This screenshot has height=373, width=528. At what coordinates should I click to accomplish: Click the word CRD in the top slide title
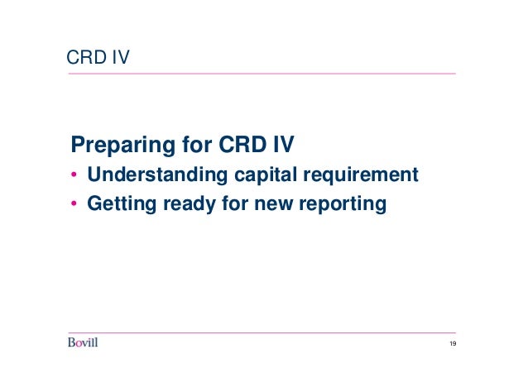pyautogui.click(x=84, y=57)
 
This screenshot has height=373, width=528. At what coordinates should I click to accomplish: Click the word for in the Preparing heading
pyautogui.click(x=194, y=146)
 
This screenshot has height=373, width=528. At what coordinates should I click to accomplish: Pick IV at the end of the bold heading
pyautogui.click(x=282, y=146)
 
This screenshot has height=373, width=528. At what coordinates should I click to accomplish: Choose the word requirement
pyautogui.click(x=360, y=176)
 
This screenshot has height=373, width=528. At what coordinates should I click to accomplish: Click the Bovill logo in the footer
pyautogui.click(x=83, y=343)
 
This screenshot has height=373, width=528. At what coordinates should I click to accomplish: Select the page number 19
pyautogui.click(x=452, y=344)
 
